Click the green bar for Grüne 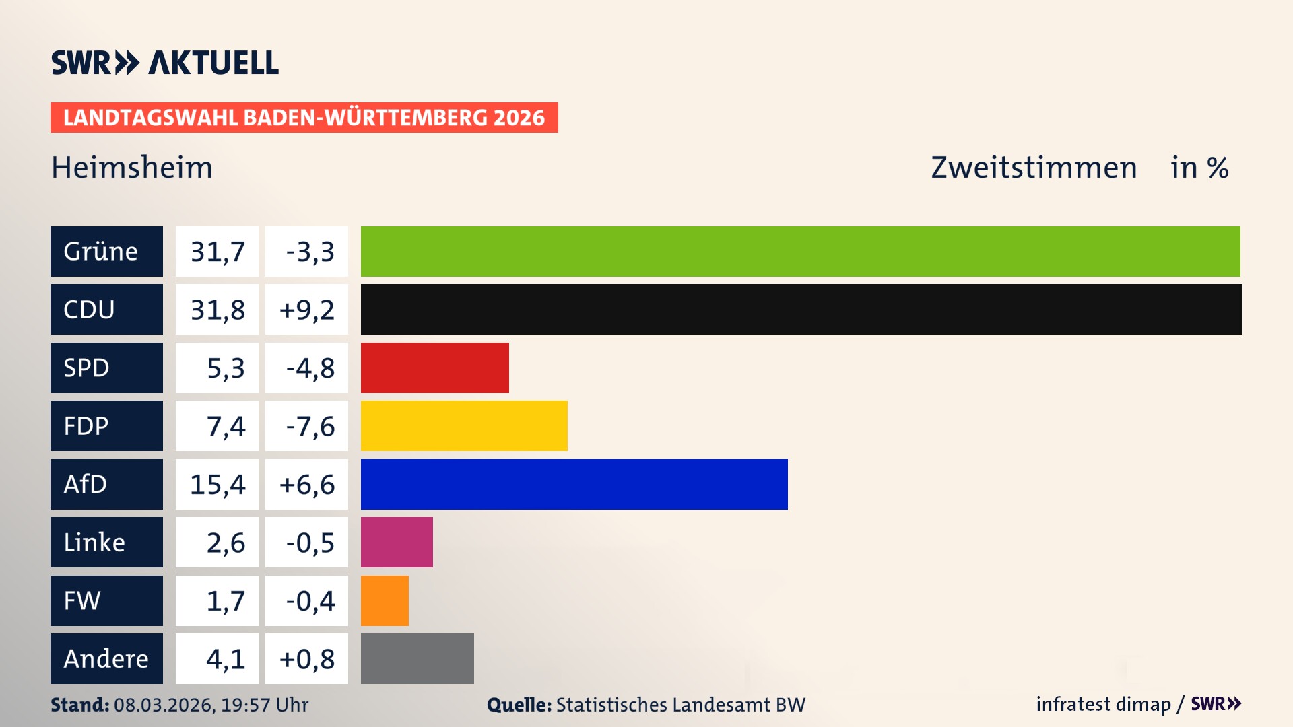coord(800,251)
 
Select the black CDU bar coord(801,309)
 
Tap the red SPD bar coord(434,368)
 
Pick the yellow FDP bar coord(464,425)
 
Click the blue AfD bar coord(574,484)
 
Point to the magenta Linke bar coord(397,542)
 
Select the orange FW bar coord(385,600)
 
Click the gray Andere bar coord(417,658)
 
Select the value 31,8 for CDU coord(217,310)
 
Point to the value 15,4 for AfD coord(217,484)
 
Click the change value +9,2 coord(306,310)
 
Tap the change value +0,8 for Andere coord(306,658)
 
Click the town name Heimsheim coord(132,168)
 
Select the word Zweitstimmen coord(1034,168)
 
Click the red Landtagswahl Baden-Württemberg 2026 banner coord(304,117)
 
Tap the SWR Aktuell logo coord(165,63)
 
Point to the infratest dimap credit coord(1102,704)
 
